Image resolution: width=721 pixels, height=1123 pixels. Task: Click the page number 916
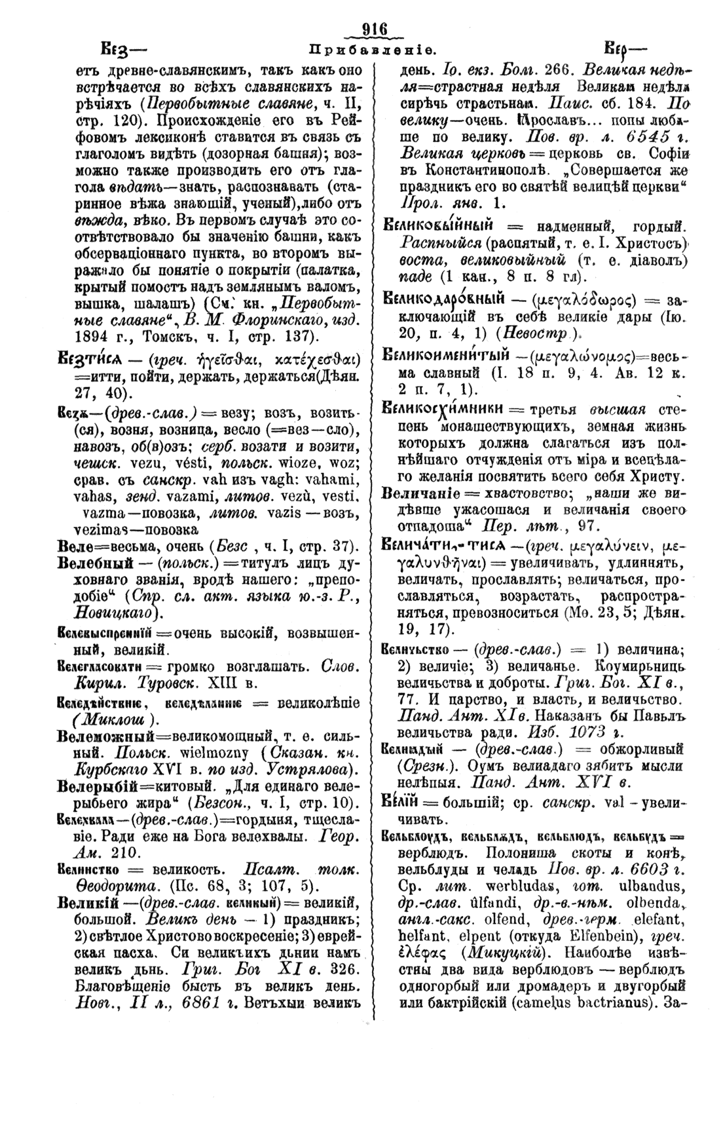tap(375, 29)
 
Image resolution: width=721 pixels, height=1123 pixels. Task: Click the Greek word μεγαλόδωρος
tap(586, 301)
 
